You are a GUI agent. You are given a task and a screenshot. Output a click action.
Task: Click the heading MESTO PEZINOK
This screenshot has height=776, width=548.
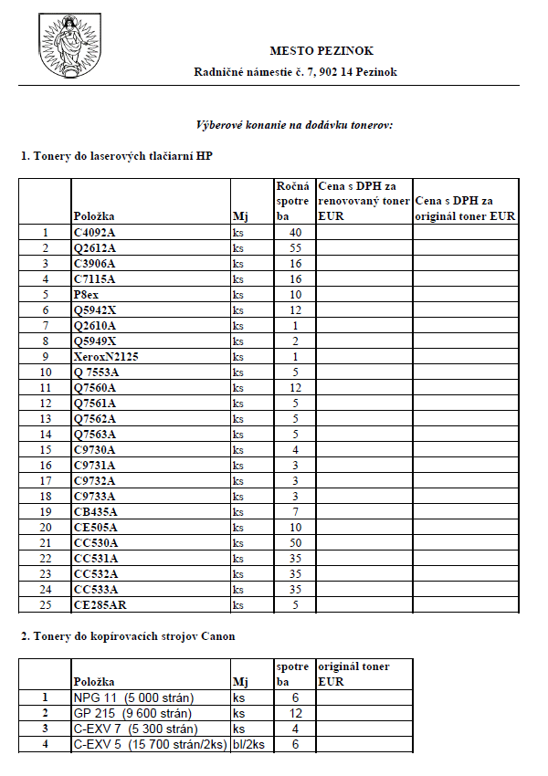point(321,51)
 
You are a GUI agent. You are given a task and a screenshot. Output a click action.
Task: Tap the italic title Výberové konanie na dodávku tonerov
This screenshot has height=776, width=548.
point(294,124)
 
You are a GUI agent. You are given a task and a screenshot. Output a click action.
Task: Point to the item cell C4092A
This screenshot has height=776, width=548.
point(95,233)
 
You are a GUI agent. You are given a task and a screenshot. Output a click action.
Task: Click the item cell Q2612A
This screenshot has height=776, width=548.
point(95,248)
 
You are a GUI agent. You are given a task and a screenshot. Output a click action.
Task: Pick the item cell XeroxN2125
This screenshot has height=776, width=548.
point(106,357)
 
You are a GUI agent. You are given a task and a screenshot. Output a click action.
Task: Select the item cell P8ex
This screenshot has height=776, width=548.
point(88,295)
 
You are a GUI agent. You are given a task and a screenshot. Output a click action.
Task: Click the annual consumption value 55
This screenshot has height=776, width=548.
point(295,248)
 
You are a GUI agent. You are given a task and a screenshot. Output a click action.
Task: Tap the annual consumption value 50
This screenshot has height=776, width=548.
point(295,543)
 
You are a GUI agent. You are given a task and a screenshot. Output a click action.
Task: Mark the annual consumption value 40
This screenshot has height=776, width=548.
point(295,233)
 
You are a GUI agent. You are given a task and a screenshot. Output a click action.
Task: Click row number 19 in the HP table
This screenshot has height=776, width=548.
point(46,512)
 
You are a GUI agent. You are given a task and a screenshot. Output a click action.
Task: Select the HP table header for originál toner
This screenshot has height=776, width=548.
point(465,209)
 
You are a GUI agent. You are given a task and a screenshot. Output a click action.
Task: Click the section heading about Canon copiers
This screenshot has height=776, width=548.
point(128,636)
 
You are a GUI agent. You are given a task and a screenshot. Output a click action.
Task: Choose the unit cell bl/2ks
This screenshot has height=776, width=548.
point(249,745)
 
